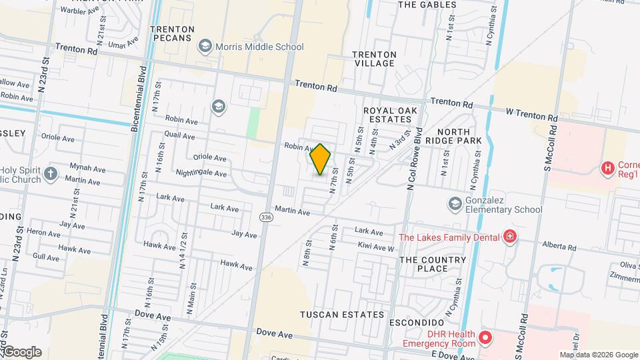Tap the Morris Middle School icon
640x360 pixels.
pyautogui.click(x=205, y=47)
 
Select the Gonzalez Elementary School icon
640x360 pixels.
pyautogui.click(x=455, y=203)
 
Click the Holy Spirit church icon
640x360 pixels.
pyautogui.click(x=51, y=175)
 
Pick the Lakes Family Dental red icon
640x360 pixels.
pyautogui.click(x=510, y=237)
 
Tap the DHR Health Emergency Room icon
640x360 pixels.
pyautogui.click(x=485, y=338)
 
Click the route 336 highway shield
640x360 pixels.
pyautogui.click(x=266, y=217)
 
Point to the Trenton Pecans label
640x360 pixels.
pyautogui.click(x=173, y=34)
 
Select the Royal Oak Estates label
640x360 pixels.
pyautogui.click(x=387, y=115)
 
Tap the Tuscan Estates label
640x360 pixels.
pyautogui.click(x=342, y=314)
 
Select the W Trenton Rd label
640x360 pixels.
pyautogui.click(x=531, y=113)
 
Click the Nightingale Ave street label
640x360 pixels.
pyautogui.click(x=201, y=173)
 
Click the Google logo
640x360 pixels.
pyautogui.click(x=21, y=352)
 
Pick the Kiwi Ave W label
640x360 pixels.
pyautogui.click(x=376, y=247)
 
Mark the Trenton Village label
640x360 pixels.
pyautogui.click(x=374, y=59)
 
